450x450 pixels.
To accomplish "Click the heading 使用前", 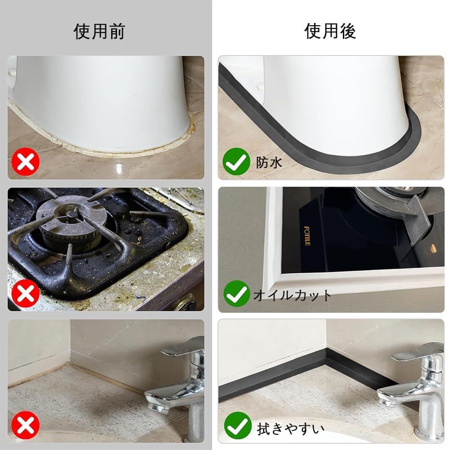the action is (99, 31).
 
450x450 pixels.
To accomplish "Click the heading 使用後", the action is (330, 31).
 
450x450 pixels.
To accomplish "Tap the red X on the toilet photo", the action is (26, 162).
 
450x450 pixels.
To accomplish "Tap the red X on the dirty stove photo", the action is (26, 293).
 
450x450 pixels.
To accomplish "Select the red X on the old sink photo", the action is (26, 425).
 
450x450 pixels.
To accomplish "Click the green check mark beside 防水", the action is (237, 162).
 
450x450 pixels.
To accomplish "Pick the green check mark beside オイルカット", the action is (237, 293).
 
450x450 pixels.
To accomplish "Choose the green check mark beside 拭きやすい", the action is (237, 426).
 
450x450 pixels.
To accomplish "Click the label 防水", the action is (269, 163).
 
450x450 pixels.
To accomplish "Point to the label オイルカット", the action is (292, 295).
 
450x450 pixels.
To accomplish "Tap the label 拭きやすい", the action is (290, 429).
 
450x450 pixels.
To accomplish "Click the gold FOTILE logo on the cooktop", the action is (307, 236).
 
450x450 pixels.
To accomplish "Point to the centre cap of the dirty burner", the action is (71, 216).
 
